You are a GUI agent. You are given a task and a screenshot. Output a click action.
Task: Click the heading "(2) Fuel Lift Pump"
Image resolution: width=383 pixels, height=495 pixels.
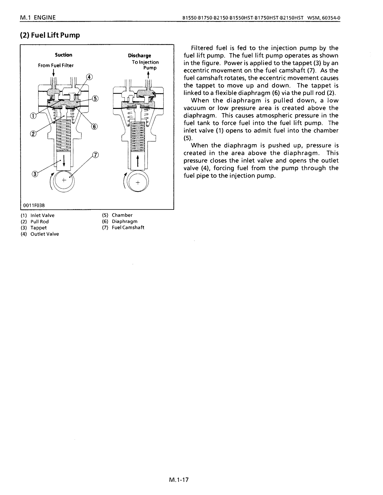click(50, 35)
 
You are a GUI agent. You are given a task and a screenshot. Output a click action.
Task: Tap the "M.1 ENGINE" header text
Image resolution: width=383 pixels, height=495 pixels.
click(38, 18)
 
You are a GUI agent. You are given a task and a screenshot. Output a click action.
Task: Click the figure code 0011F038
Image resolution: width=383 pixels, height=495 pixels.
click(31, 205)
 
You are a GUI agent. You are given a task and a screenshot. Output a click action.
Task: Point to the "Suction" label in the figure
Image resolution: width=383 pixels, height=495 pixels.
click(63, 55)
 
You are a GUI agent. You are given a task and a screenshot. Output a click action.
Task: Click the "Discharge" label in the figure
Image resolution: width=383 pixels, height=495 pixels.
click(139, 56)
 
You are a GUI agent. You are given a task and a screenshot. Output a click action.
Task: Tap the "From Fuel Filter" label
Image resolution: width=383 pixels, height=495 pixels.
click(56, 65)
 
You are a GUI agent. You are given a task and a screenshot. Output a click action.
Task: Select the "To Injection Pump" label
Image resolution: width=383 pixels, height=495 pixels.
click(145, 65)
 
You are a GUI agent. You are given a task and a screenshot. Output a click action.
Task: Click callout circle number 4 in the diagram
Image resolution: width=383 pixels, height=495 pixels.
click(89, 77)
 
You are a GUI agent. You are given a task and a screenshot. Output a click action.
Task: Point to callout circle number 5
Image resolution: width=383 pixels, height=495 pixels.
click(95, 99)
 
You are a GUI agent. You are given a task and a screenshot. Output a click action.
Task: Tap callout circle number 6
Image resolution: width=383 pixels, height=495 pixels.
click(94, 126)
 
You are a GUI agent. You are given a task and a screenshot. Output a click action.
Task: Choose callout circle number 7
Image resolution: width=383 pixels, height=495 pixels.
click(95, 155)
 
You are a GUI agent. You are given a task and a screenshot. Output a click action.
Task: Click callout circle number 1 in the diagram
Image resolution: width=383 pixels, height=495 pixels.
click(32, 116)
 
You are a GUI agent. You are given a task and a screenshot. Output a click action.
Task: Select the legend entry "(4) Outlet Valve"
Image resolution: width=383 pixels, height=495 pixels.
click(40, 234)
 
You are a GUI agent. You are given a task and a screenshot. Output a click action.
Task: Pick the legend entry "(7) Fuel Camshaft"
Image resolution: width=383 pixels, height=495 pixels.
click(123, 228)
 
